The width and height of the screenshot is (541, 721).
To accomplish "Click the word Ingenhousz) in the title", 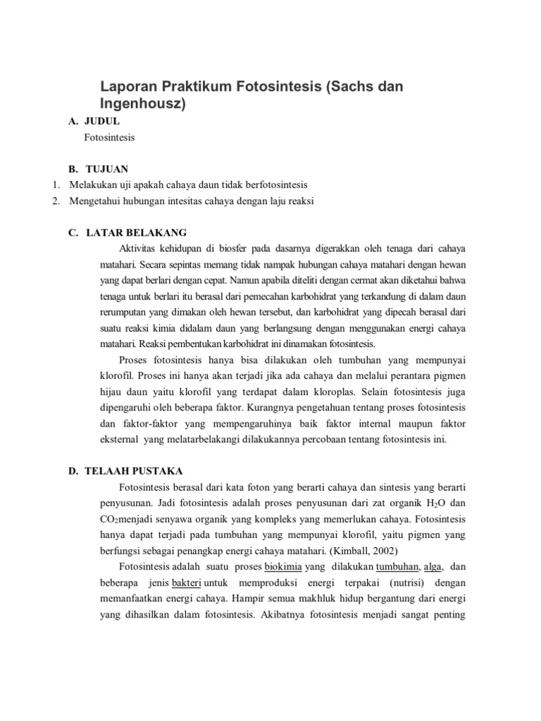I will tap(144, 105).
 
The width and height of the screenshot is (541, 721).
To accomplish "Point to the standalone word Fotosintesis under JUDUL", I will tap(109, 138).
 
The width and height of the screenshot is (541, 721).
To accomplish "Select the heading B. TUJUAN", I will tap(99, 170).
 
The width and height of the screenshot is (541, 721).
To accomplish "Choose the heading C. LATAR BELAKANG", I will tap(127, 233).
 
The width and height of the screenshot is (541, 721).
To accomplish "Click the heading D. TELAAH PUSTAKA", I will tap(125, 471).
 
